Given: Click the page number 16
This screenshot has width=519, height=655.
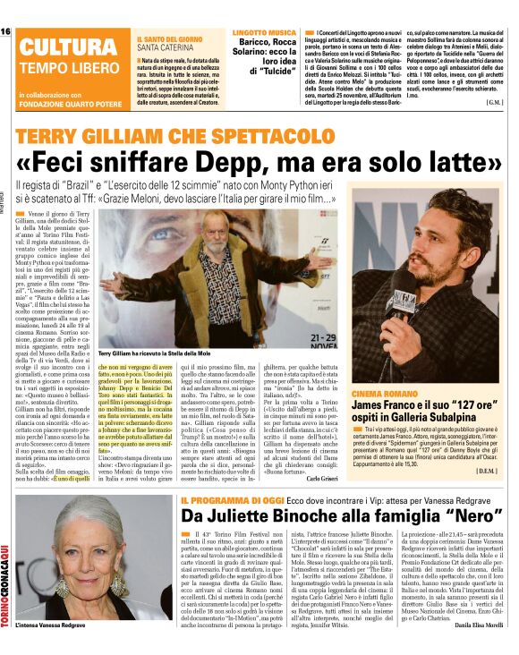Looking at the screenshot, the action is (x=6, y=31).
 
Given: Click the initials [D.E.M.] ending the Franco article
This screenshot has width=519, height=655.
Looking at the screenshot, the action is (x=485, y=470).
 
